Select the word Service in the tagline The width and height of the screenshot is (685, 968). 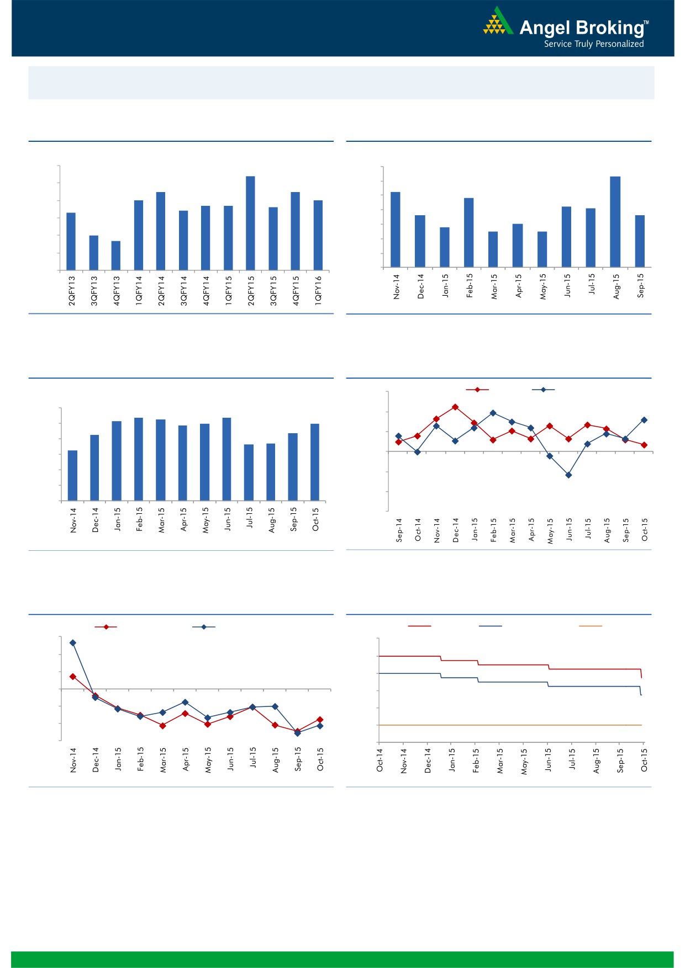557,44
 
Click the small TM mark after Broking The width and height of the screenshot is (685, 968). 647,23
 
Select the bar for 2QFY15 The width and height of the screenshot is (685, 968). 250,223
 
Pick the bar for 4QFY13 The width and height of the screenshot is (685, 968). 116,256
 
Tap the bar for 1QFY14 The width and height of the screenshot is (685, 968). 139,235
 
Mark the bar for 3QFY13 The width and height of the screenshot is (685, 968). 94,253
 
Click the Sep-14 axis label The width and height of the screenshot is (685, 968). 399,530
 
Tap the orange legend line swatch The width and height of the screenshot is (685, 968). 590,626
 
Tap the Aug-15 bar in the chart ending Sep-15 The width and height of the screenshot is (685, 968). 615,222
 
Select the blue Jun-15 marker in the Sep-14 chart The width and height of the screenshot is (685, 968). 568,475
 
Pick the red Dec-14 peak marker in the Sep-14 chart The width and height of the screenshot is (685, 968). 455,407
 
